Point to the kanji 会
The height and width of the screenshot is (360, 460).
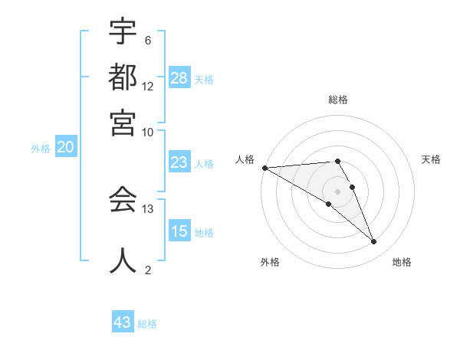point(123,201)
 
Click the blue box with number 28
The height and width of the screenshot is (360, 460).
point(179,78)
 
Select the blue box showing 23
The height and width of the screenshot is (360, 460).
point(179,162)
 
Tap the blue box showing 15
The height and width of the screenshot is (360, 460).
point(179,231)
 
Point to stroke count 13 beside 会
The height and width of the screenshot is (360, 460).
point(148,208)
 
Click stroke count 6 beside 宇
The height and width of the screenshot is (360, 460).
point(148,41)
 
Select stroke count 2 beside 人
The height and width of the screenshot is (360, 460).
point(148,270)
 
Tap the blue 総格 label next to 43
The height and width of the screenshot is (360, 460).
point(147,324)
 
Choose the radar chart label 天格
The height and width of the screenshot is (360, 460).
point(432,159)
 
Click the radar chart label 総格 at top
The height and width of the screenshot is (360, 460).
point(338,100)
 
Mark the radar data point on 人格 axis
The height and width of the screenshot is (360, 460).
point(264,168)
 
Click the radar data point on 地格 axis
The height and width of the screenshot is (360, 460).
point(374,242)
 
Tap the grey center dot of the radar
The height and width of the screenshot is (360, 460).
point(338,191)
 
